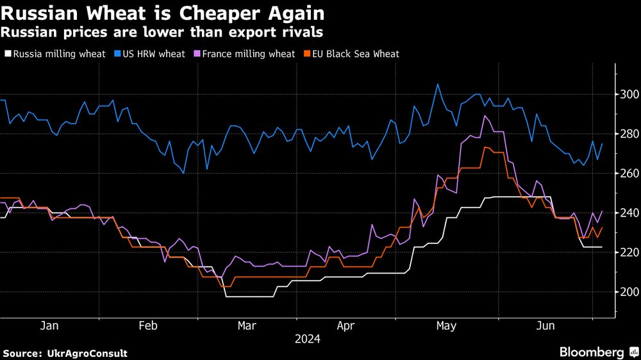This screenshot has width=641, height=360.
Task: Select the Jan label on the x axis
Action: click(49, 326)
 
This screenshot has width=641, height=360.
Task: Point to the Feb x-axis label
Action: click(148, 326)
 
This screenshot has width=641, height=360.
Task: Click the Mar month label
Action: click(247, 326)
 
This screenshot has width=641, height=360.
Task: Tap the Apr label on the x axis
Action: click(345, 326)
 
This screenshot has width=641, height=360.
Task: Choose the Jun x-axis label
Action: click(545, 326)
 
